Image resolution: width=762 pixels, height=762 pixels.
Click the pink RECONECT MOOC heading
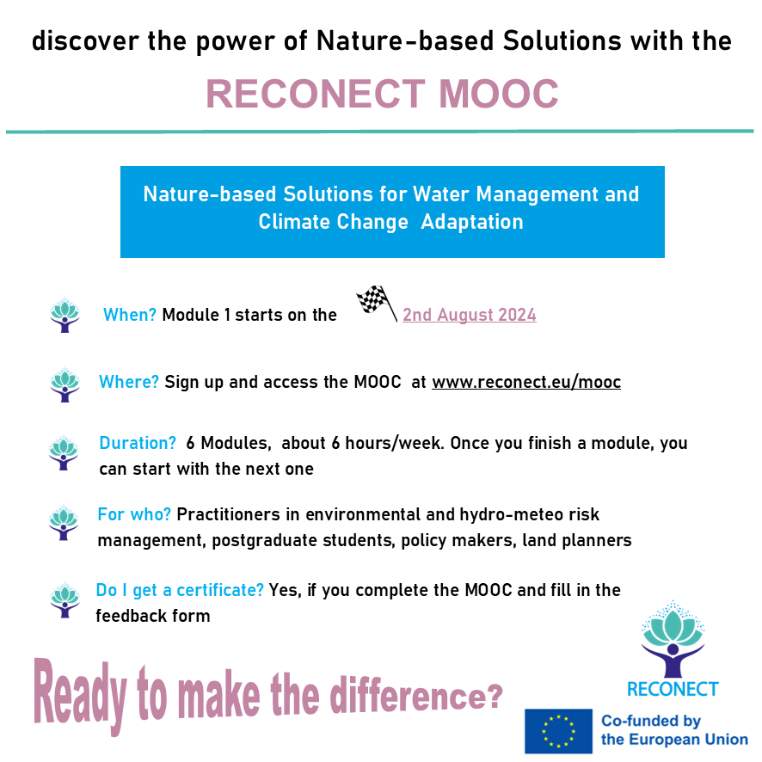(x=382, y=94)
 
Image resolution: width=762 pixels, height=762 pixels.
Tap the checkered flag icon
(x=377, y=304)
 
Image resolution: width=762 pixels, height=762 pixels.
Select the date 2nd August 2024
(x=469, y=315)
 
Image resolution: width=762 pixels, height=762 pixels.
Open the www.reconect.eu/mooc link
(x=526, y=382)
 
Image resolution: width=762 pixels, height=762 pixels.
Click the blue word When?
(x=129, y=315)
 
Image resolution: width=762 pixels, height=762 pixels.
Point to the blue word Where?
(x=129, y=382)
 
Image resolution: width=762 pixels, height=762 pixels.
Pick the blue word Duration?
(x=138, y=443)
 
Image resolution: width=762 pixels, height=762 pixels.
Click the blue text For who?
(x=134, y=514)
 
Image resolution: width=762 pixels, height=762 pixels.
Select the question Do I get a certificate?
(x=180, y=590)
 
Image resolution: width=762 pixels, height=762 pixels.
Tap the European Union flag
(x=558, y=731)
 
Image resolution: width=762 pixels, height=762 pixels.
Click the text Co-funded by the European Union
(x=674, y=730)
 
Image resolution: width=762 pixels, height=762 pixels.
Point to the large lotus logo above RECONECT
(x=673, y=639)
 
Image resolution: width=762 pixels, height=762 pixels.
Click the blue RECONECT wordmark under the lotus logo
(x=673, y=689)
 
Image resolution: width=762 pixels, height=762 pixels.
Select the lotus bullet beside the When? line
(x=65, y=316)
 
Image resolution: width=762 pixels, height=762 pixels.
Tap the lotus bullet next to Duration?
(x=64, y=452)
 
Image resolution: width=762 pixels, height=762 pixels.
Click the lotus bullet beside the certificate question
(x=65, y=600)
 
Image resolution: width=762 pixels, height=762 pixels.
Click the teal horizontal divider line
(x=380, y=132)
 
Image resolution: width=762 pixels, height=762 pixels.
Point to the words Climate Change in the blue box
(x=334, y=222)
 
